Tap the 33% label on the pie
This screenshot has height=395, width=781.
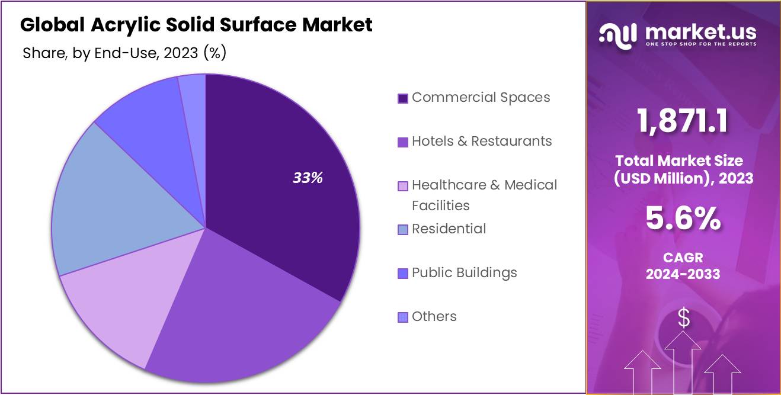click(x=308, y=178)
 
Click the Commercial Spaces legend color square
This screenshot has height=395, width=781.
click(x=403, y=98)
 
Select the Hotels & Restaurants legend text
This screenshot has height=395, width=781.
click(x=482, y=142)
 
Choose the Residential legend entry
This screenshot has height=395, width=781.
click(x=449, y=229)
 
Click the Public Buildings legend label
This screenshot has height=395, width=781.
click(x=464, y=273)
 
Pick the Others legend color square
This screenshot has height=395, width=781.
click(x=403, y=317)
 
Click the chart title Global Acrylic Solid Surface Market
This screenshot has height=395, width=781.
click(x=196, y=25)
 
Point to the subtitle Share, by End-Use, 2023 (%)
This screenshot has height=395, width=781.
click(x=124, y=53)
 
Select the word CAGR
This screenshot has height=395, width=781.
click(x=683, y=258)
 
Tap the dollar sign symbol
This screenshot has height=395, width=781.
click(x=684, y=319)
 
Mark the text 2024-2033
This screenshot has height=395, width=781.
click(x=683, y=274)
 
